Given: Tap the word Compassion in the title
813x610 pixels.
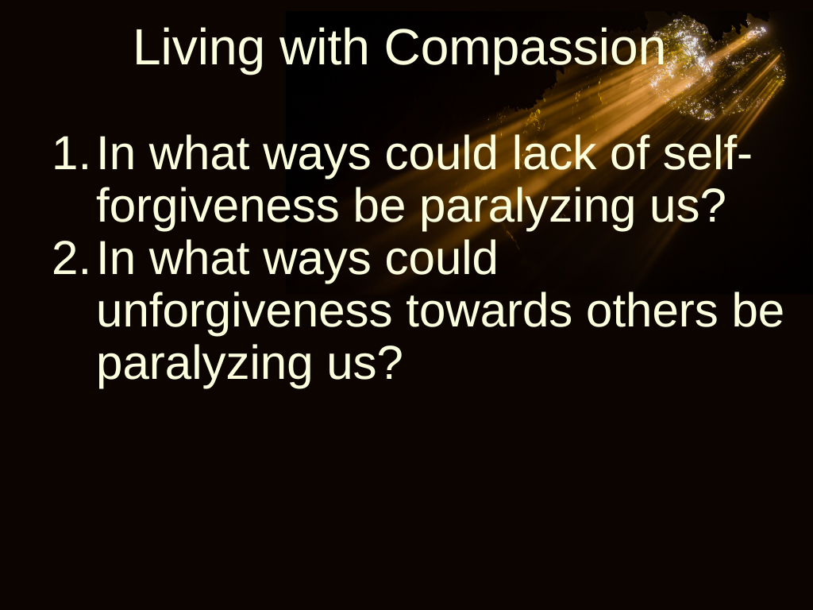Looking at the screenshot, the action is (x=525, y=48).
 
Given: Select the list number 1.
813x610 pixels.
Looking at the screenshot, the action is (x=71, y=153).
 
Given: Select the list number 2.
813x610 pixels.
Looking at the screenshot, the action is (x=71, y=258).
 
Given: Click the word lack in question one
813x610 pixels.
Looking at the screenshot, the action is (x=554, y=153).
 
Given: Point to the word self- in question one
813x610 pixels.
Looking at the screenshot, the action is (x=707, y=153).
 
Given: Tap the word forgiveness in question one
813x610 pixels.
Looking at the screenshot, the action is (x=218, y=207).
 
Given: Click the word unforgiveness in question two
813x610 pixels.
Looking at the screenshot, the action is (x=245, y=311).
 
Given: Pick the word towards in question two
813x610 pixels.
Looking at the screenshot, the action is (x=489, y=311).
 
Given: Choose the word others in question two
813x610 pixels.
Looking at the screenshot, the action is (x=652, y=311).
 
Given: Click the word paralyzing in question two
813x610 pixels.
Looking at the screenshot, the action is (x=205, y=365).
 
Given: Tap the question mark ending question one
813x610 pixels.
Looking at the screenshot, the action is (x=714, y=204).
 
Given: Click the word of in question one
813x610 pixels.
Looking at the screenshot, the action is (x=630, y=153).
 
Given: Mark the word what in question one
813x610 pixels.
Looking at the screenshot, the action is (x=199, y=153).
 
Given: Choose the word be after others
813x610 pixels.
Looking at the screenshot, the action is (x=757, y=311).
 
